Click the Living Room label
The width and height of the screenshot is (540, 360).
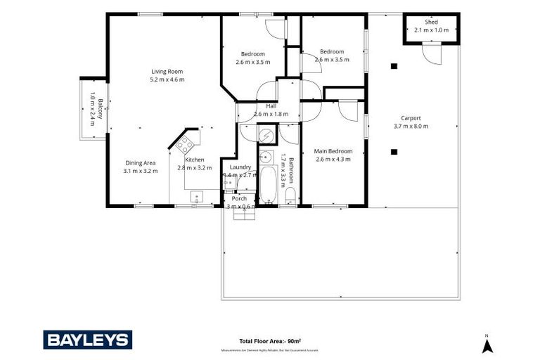pyautogui.click(x=167, y=71)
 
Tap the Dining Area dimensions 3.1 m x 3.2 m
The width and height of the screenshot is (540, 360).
pyautogui.click(x=141, y=171)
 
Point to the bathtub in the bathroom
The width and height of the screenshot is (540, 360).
pyautogui.click(x=267, y=184)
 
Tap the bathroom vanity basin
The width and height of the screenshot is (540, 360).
pyautogui.click(x=266, y=156)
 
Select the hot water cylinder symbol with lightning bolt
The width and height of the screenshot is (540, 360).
pyautogui.click(x=266, y=134)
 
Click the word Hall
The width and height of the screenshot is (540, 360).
pyautogui.click(x=271, y=105)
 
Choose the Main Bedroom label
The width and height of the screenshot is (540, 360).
pyautogui.click(x=333, y=151)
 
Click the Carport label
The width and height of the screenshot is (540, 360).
pyautogui.click(x=411, y=118)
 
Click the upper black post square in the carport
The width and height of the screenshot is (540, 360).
pyautogui.click(x=394, y=67)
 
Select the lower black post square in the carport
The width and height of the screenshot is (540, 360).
pyautogui.click(x=394, y=151)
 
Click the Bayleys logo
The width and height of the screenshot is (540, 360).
pyautogui.click(x=87, y=340)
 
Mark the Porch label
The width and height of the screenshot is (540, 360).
pyautogui.click(x=239, y=198)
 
